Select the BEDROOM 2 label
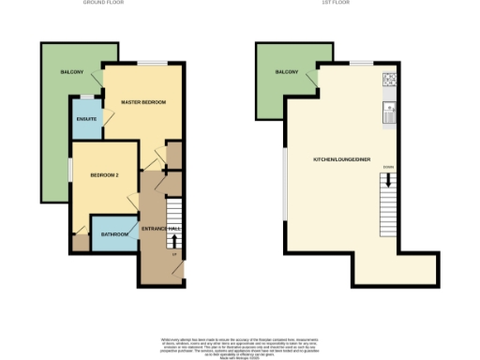104,175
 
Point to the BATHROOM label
114,233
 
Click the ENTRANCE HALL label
160,229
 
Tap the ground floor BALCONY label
73,72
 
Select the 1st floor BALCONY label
286,72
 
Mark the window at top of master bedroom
155,64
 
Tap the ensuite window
85,97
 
